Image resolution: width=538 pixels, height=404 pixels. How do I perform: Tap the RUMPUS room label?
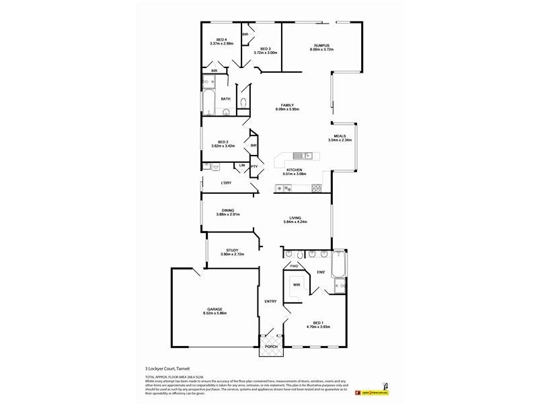[x=319, y=45]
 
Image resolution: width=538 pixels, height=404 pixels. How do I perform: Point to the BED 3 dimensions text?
[x=265, y=53]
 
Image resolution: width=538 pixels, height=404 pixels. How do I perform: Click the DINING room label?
[x=228, y=210]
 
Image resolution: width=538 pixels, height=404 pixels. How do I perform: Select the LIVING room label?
[x=295, y=217]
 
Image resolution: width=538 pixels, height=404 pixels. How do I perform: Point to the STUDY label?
[x=232, y=250]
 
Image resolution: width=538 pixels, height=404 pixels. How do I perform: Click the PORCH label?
[x=270, y=347]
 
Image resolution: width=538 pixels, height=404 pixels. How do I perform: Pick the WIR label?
[x=296, y=285]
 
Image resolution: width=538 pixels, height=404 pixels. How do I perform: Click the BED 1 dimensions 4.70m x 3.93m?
[x=319, y=327]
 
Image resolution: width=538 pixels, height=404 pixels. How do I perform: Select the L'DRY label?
[x=227, y=183]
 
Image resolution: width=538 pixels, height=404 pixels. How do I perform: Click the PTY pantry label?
[x=254, y=166]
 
